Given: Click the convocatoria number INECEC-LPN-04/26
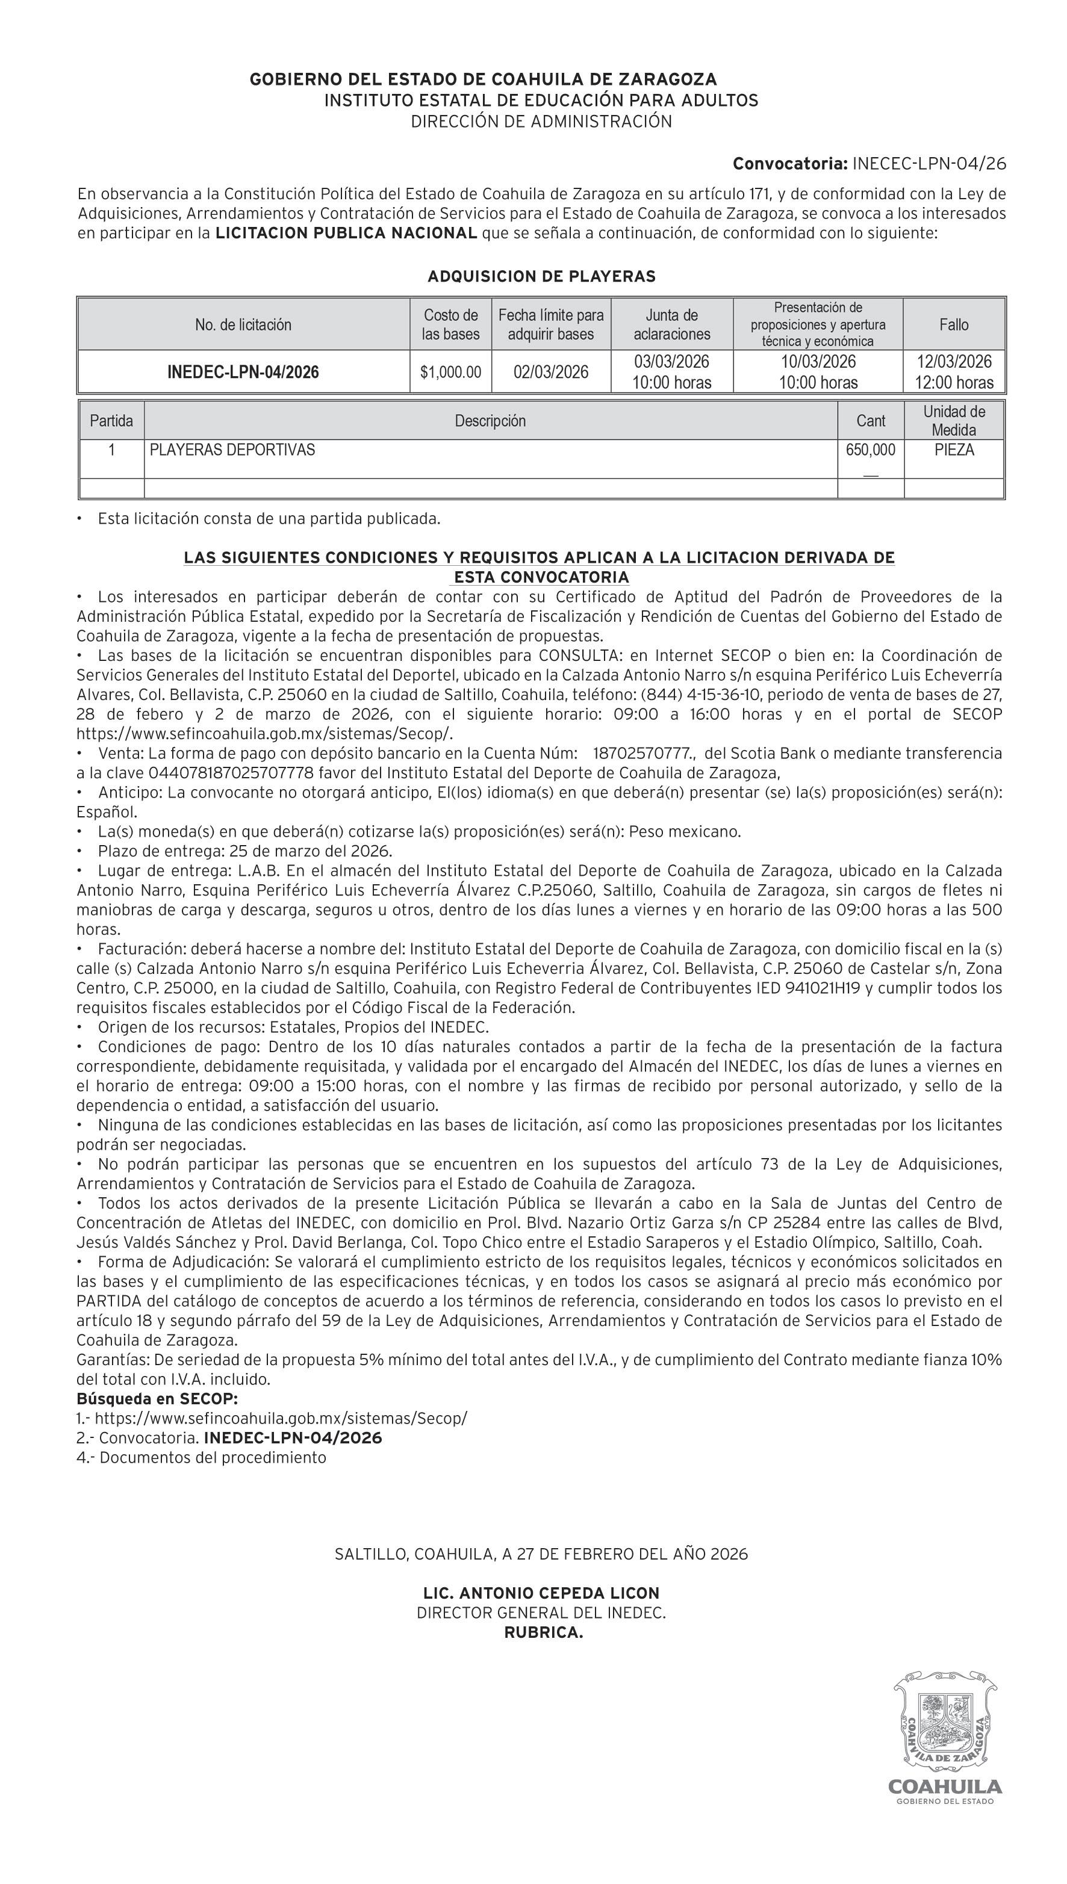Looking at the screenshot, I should click(x=929, y=163).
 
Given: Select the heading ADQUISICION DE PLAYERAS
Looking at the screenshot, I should click(x=541, y=276).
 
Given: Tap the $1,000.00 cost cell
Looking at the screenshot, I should click(x=450, y=372).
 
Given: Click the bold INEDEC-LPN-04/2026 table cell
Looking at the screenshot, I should click(x=243, y=372).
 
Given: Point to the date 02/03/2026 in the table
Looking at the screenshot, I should click(x=551, y=372).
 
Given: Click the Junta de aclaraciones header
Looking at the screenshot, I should click(x=672, y=324).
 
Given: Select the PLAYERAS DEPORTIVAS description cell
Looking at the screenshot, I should click(x=232, y=450).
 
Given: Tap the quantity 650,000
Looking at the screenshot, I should click(x=870, y=450).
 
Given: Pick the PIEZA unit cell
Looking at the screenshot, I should click(x=954, y=450).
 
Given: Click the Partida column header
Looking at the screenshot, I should click(x=111, y=421).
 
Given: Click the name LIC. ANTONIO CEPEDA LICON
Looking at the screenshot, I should click(x=541, y=1593).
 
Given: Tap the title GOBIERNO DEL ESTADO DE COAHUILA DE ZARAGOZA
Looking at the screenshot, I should click(x=483, y=79).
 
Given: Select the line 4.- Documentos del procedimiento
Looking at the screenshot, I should click(x=202, y=1457).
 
